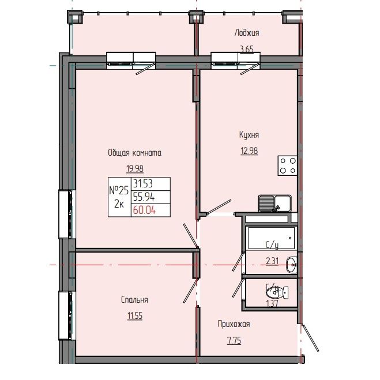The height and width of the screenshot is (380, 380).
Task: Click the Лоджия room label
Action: (246, 33)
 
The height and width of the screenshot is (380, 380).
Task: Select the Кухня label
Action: (249, 134)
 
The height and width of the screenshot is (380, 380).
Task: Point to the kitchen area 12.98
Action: (249, 152)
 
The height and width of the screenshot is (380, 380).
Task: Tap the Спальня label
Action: (134, 300)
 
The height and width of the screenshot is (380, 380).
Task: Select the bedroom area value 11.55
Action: (134, 316)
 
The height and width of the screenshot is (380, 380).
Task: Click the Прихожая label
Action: (234, 324)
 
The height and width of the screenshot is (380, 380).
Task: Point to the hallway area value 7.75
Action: (234, 341)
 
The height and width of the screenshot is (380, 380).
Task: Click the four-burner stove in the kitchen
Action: (288, 166)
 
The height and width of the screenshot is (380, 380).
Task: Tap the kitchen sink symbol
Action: (274, 203)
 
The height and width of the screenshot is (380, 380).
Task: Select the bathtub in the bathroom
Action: (270, 237)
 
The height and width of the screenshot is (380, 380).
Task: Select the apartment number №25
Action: (118, 190)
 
